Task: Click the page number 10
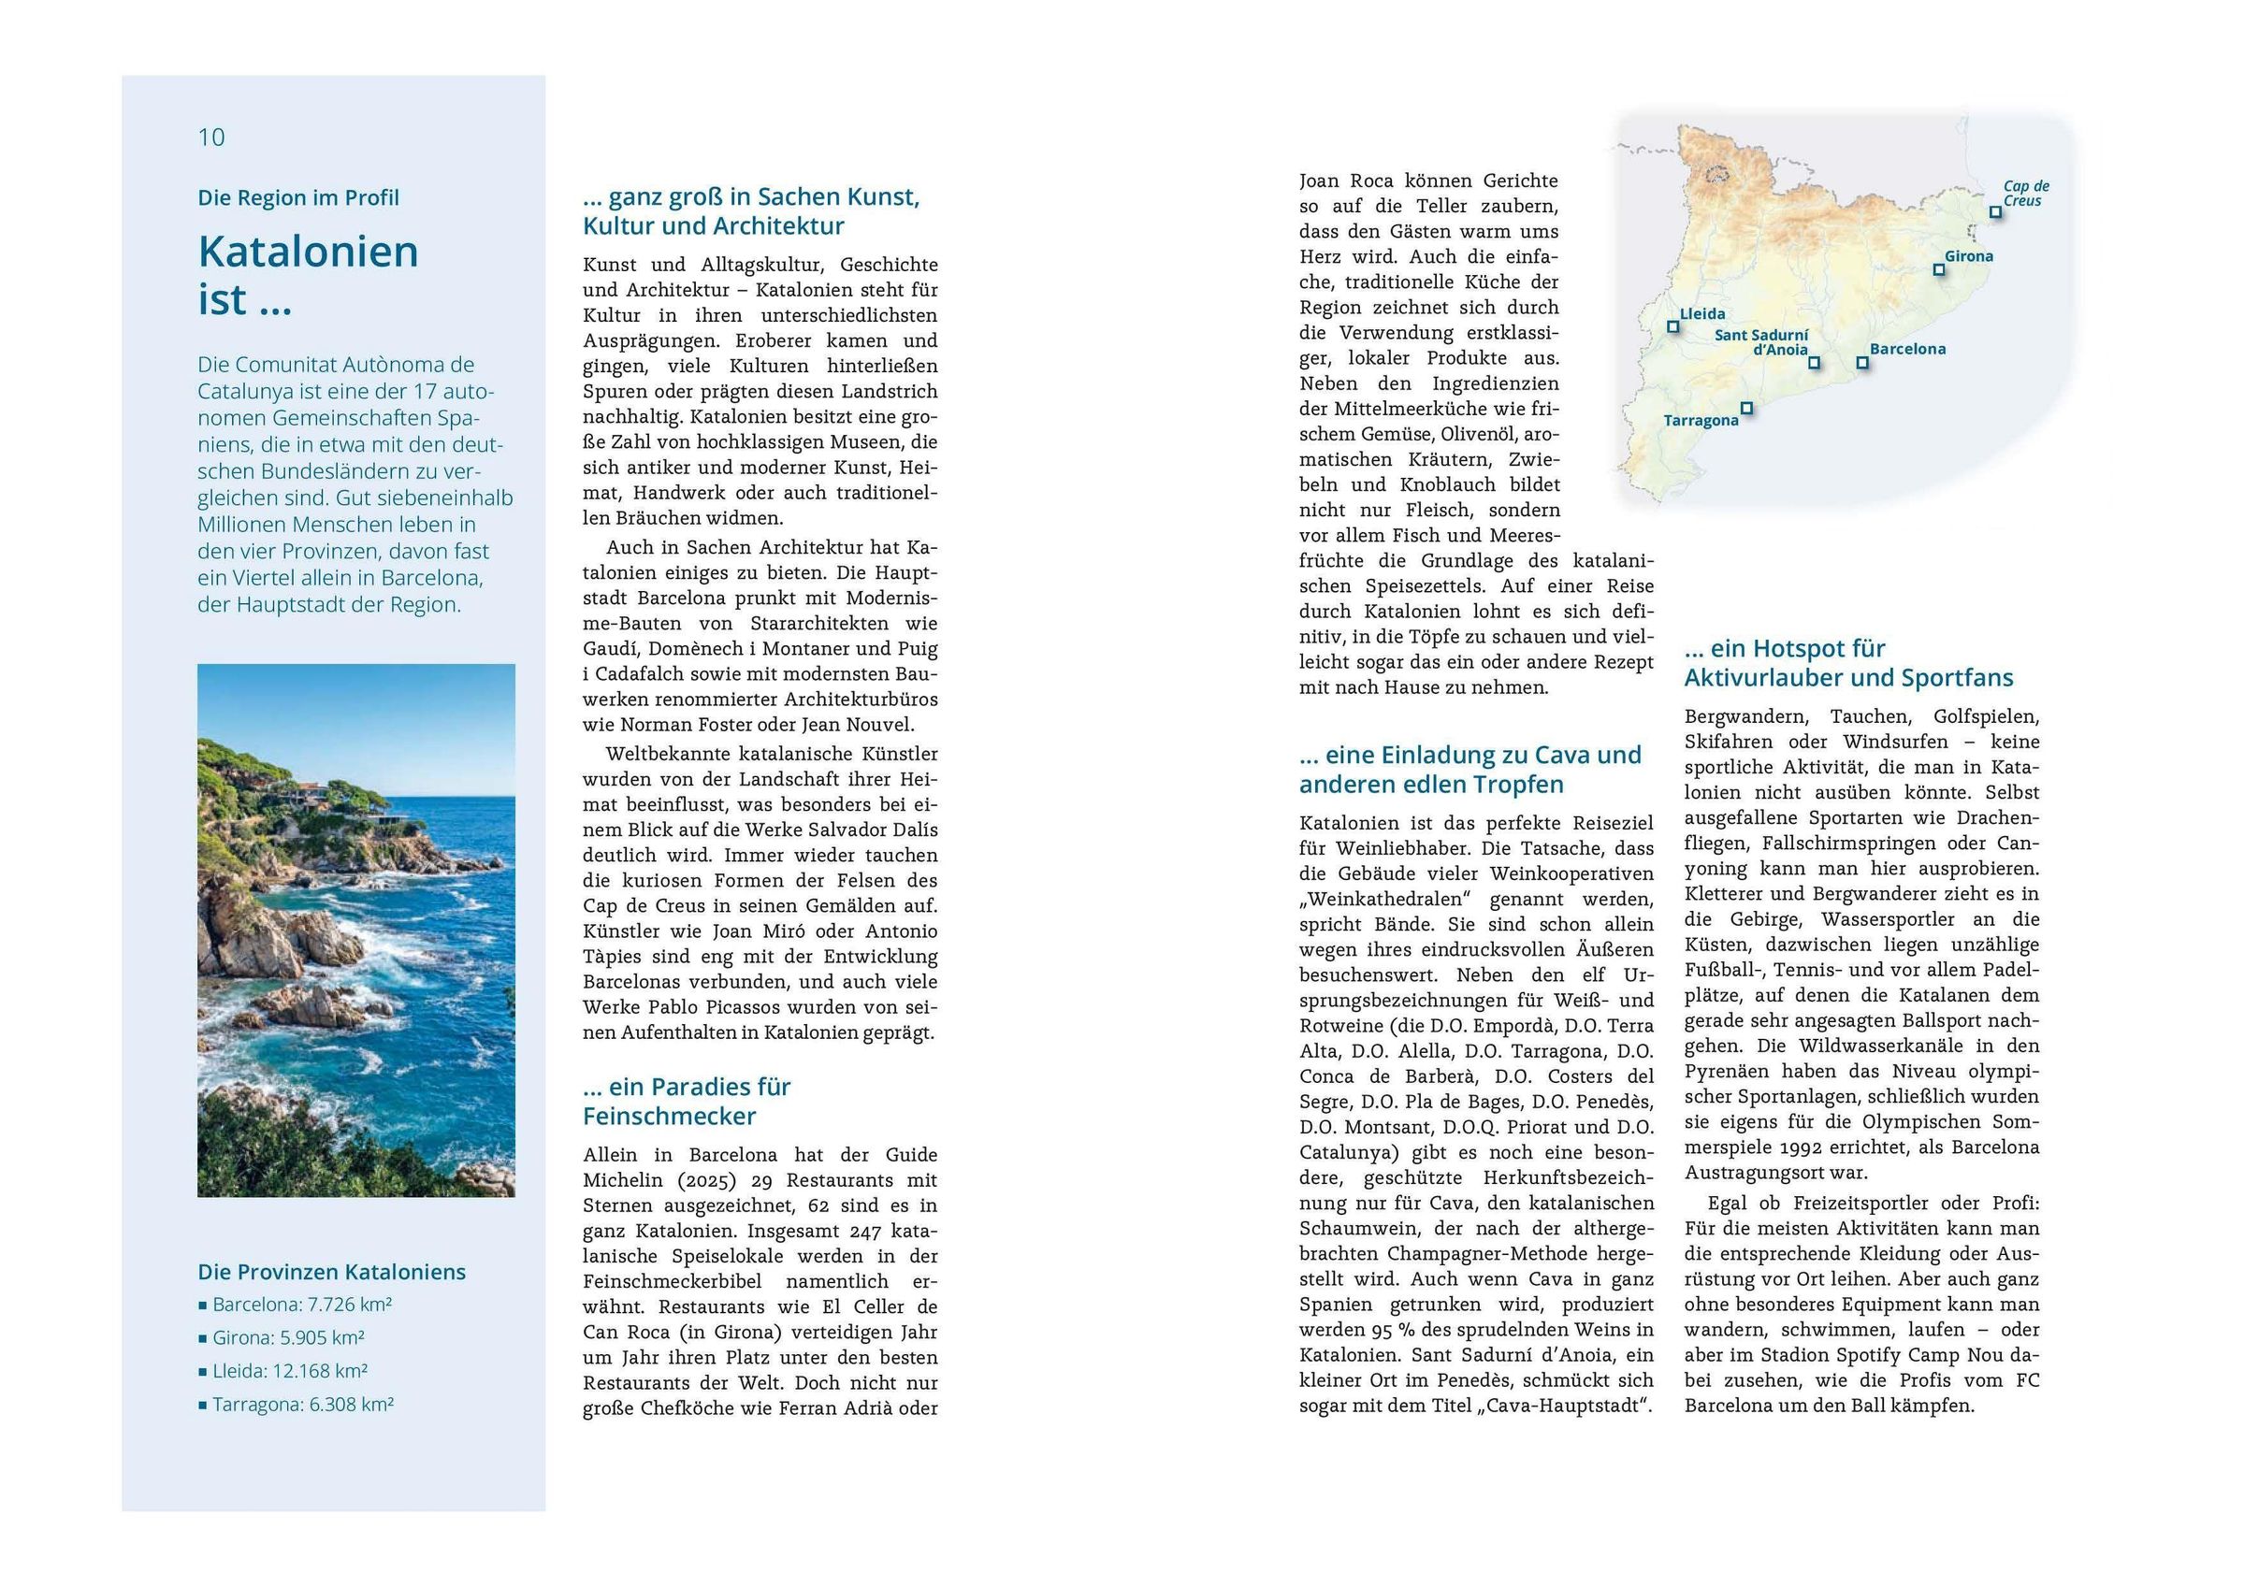click(211, 137)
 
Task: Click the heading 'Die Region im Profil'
click(298, 198)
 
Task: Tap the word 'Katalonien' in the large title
click(308, 252)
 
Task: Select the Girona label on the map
click(1968, 257)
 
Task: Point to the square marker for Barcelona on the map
click(1861, 363)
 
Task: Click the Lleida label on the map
click(1701, 314)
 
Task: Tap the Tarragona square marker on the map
click(1746, 409)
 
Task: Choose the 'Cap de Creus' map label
click(2025, 194)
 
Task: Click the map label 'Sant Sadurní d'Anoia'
click(1762, 342)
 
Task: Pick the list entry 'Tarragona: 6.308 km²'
click(302, 1405)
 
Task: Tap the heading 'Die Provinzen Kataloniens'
click(331, 1273)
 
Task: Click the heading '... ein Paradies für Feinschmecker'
click(686, 1102)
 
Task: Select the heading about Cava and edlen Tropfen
click(1469, 770)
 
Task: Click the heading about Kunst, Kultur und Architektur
click(750, 212)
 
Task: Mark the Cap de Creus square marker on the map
click(1995, 212)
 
